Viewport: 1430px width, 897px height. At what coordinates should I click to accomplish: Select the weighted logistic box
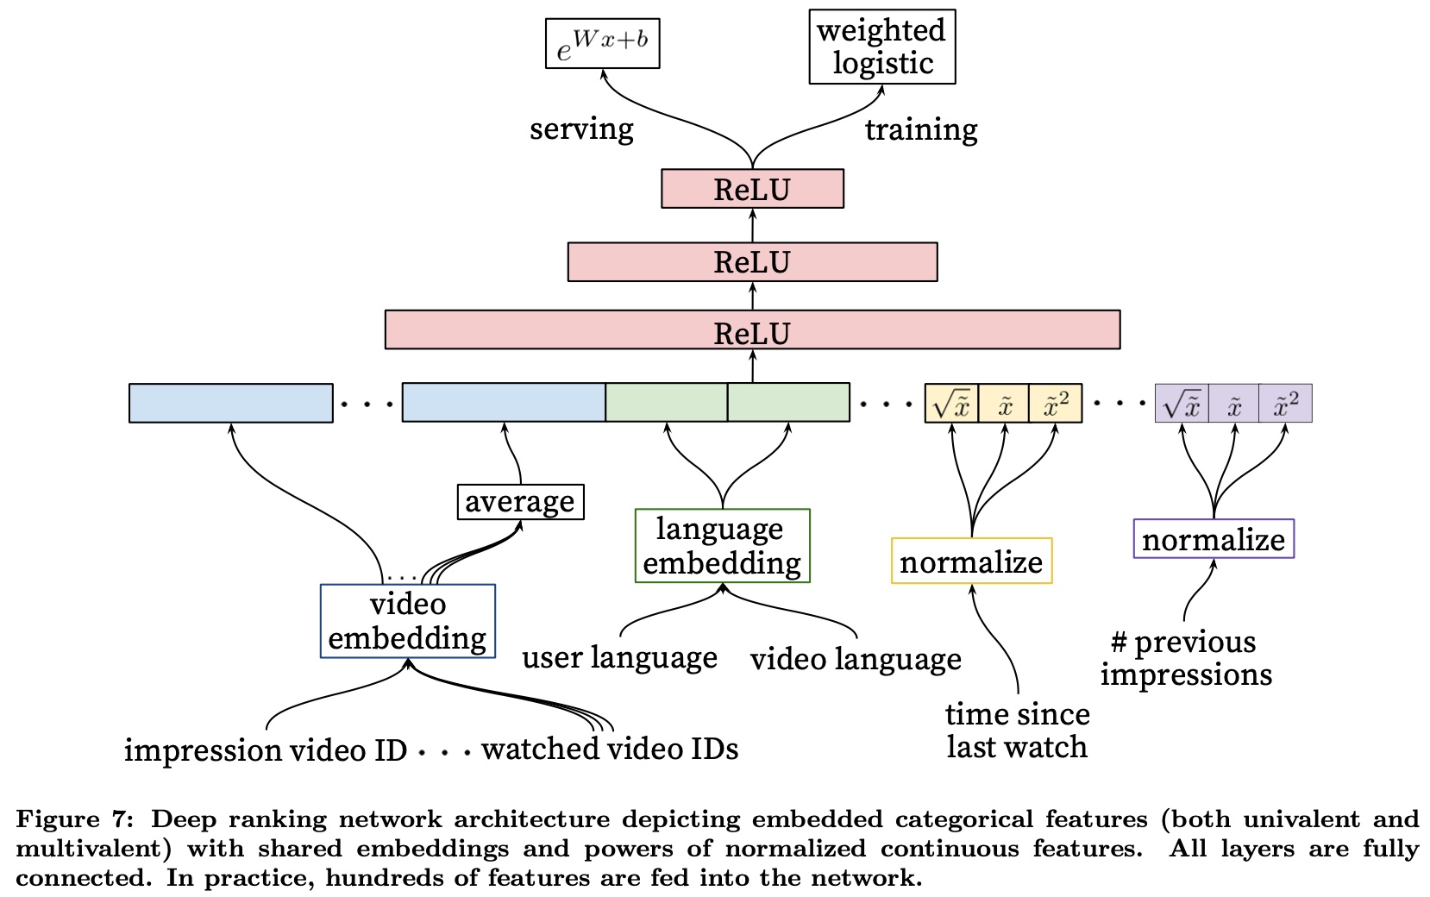[881, 47]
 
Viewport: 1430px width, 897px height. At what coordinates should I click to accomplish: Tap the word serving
[581, 129]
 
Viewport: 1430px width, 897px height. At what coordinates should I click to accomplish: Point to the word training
[921, 129]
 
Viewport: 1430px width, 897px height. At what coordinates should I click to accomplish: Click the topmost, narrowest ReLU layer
[752, 189]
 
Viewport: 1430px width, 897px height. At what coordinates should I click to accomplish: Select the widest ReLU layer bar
[752, 330]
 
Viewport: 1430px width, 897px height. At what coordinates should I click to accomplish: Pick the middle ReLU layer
[752, 262]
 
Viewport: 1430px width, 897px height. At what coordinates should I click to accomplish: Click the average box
[520, 502]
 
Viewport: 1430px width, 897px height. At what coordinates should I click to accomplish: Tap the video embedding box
[407, 621]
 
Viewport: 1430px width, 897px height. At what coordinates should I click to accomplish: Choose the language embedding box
[722, 546]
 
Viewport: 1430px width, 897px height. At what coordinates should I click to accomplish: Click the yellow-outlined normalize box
[971, 561]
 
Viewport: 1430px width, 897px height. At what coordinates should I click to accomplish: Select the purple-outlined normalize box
[1214, 539]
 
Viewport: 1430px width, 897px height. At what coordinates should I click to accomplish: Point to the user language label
[619, 658]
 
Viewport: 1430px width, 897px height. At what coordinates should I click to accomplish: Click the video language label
[856, 659]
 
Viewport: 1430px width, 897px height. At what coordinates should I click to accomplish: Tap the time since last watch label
[1017, 730]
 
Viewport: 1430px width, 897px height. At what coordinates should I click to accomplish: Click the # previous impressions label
[1186, 658]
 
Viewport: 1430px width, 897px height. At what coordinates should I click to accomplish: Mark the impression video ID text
[266, 750]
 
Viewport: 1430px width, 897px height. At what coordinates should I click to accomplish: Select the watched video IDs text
[610, 749]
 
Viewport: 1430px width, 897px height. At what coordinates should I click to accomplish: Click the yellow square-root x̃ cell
[951, 404]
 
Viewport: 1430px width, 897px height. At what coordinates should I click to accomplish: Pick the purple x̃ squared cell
[1285, 404]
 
